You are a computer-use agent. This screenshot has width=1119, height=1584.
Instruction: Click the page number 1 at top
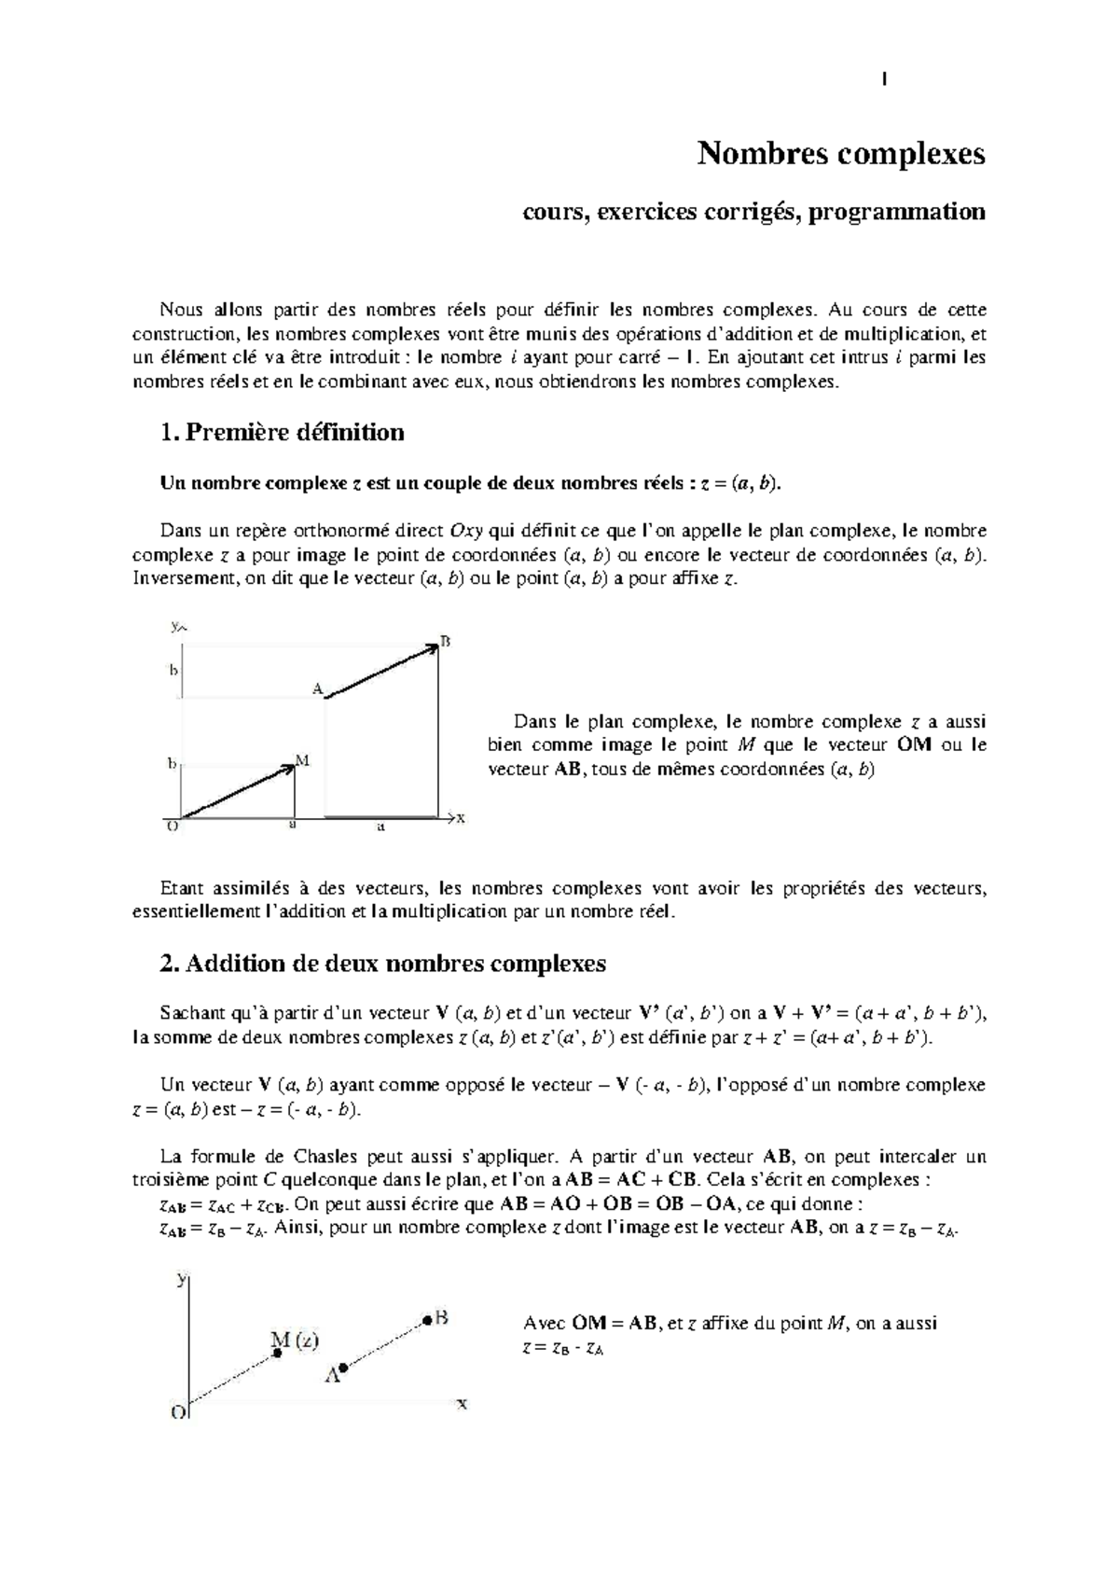pyautogui.click(x=882, y=80)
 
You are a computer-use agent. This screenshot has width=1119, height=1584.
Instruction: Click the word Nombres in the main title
pyautogui.click(x=749, y=153)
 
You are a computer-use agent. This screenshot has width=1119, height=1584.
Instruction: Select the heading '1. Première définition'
pyautogui.click(x=283, y=432)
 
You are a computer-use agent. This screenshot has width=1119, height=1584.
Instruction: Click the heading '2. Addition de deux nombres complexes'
pyautogui.click(x=383, y=963)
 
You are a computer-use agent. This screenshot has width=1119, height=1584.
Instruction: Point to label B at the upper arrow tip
pyautogui.click(x=446, y=641)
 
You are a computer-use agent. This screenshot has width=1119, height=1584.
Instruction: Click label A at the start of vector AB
pyautogui.click(x=317, y=688)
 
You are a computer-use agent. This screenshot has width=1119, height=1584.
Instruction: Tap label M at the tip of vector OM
pyautogui.click(x=302, y=760)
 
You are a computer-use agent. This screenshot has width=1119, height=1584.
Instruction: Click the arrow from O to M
pyautogui.click(x=238, y=792)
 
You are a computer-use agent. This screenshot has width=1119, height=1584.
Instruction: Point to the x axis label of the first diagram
pyautogui.click(x=461, y=818)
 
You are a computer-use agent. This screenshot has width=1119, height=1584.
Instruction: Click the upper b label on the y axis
pyautogui.click(x=173, y=669)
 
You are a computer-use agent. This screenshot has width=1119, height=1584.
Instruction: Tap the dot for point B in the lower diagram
pyautogui.click(x=426, y=1319)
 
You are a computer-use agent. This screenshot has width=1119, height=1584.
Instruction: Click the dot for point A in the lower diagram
pyautogui.click(x=343, y=1368)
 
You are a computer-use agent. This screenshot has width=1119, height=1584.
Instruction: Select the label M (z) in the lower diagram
pyautogui.click(x=295, y=1341)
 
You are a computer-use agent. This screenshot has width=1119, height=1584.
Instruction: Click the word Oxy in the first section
pyautogui.click(x=466, y=531)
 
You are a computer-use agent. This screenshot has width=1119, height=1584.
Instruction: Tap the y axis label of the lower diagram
pyautogui.click(x=182, y=1280)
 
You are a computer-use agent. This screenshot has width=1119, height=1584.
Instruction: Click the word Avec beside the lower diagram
pyautogui.click(x=542, y=1323)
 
